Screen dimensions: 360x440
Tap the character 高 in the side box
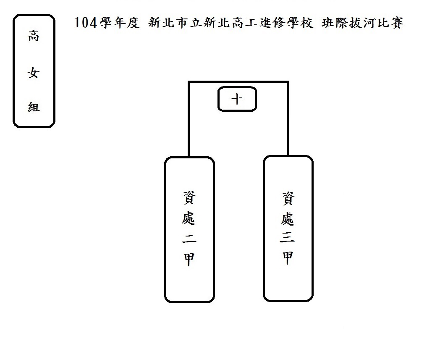34,37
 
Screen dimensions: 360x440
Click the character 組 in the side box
34,107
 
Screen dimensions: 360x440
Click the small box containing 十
237,100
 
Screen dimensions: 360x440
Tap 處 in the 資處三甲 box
288,217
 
